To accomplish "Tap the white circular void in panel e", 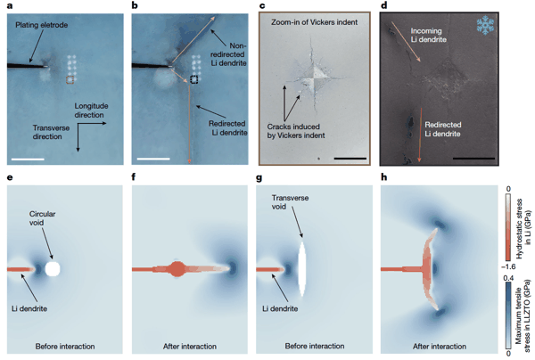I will coord(53,266).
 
